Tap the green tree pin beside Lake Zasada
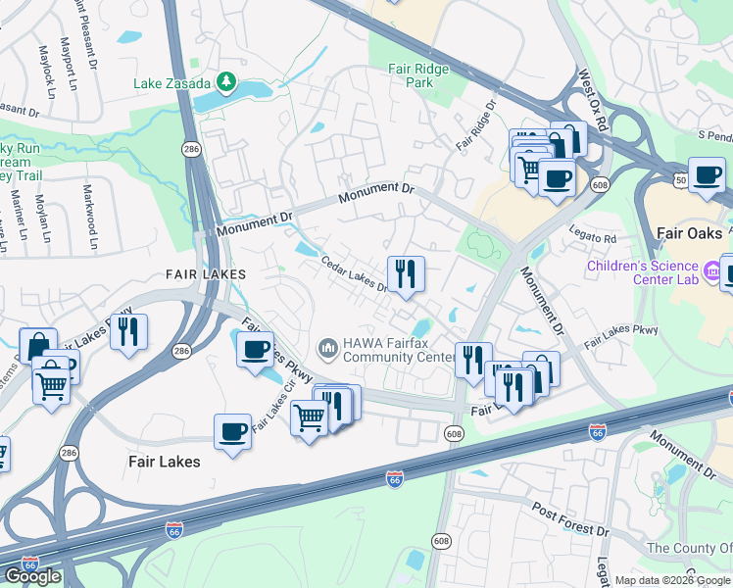pos(227,80)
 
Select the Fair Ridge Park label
pos(417,75)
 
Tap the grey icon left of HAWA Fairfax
pos(327,348)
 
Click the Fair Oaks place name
pos(689,235)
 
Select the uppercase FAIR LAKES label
pos(205,275)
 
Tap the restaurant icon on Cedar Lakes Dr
pos(405,273)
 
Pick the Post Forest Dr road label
pos(570,517)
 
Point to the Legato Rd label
pos(596,238)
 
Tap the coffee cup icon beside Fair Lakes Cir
pos(233,431)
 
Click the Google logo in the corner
pos(32,576)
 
